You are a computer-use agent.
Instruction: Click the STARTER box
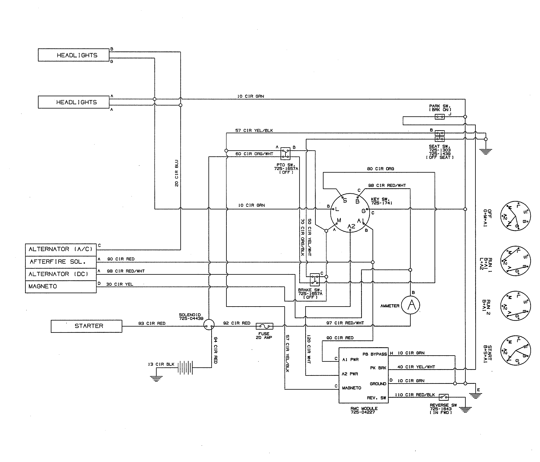[x=86, y=326]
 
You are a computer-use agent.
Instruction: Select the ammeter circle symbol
[x=410, y=305]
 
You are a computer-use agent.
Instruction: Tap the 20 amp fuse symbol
[x=264, y=326]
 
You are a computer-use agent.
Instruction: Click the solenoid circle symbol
[x=209, y=325]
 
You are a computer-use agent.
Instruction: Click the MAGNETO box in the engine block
[x=61, y=286]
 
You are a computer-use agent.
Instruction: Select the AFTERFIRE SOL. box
[x=61, y=262]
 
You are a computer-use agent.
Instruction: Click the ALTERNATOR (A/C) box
[x=61, y=249]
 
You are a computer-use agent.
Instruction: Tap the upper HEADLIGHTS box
[x=73, y=55]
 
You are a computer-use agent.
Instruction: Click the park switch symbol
[x=439, y=117]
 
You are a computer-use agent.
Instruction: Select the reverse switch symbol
[x=444, y=397]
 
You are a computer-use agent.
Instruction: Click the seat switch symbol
[x=439, y=136]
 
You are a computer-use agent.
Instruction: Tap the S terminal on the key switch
[x=345, y=200]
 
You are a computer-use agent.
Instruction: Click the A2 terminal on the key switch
[x=351, y=226]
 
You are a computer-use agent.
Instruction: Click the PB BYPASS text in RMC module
[x=375, y=354]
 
